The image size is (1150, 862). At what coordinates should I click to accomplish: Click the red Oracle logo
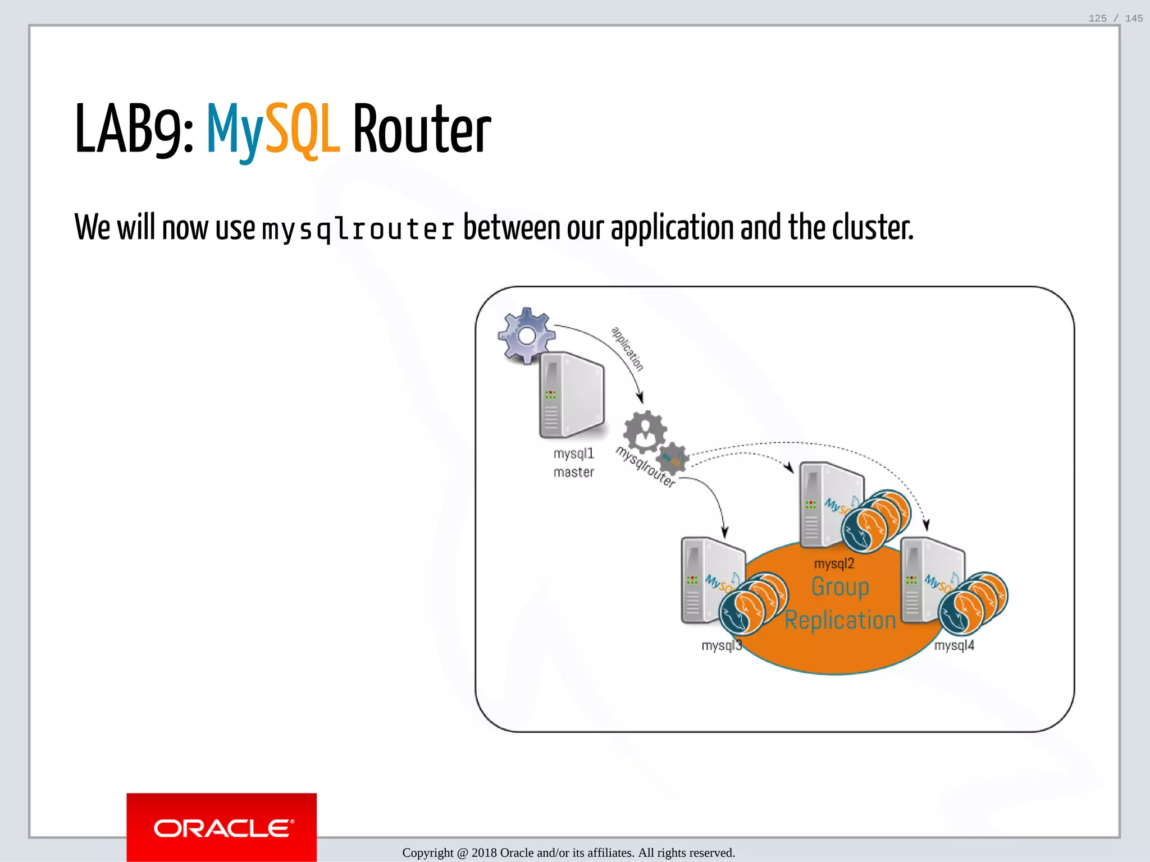pos(221,827)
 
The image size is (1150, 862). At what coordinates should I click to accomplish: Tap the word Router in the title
pos(422,130)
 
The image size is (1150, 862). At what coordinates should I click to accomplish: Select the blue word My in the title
pos(235,130)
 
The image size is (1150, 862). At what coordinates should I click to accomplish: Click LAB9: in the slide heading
pos(134,130)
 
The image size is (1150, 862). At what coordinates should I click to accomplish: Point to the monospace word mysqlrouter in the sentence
pos(358,229)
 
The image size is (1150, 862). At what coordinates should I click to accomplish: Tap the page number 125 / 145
pos(1115,19)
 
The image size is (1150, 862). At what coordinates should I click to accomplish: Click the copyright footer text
pos(568,852)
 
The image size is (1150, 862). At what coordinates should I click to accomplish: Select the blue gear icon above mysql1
pos(526,336)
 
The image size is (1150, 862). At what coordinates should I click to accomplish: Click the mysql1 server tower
pos(572,395)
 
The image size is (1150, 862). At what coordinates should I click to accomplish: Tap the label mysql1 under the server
pos(573,453)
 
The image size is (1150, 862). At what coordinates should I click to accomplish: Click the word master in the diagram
pos(573,473)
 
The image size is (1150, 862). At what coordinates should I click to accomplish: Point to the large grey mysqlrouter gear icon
pos(645,431)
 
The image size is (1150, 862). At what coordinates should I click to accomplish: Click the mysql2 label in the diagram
pos(834,563)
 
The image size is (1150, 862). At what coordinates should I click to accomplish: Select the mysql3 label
pos(722,645)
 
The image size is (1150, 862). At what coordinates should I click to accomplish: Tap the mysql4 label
pos(954,645)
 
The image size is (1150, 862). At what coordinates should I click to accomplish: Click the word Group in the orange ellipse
pos(840,587)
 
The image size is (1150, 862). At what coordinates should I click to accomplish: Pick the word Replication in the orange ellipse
pos(840,620)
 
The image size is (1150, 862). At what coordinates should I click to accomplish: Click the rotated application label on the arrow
pos(627,349)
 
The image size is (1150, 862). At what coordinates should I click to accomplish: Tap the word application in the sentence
pos(672,229)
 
